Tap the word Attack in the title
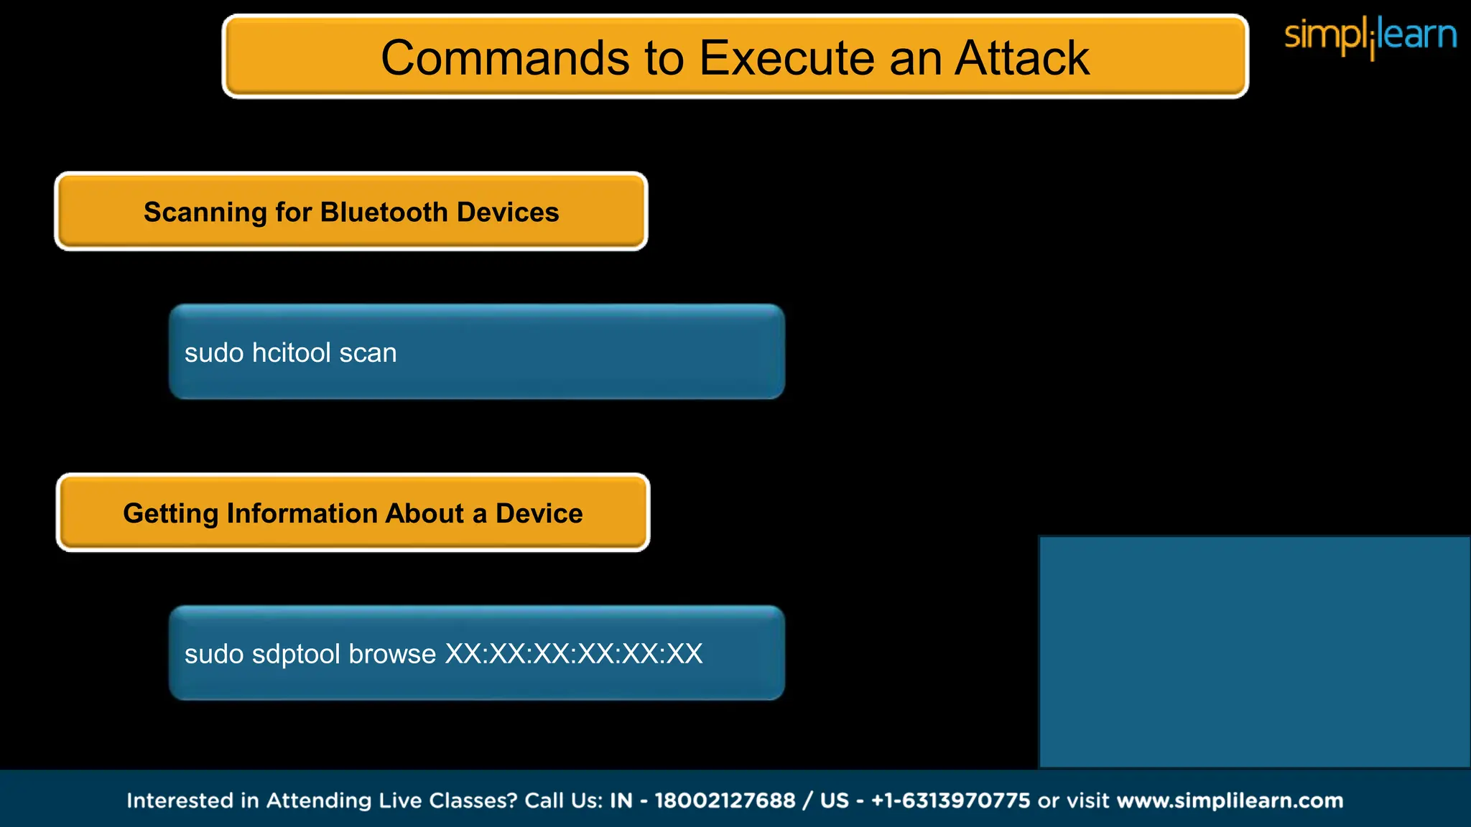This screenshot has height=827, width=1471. pyautogui.click(x=1021, y=58)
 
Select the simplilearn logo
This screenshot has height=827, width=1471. pyautogui.click(x=1370, y=36)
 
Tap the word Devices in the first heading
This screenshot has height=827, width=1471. pyautogui.click(x=507, y=212)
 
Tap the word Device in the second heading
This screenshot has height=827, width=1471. pyautogui.click(x=539, y=514)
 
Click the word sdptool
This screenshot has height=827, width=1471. pyautogui.click(x=296, y=654)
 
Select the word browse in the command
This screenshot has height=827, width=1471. pyautogui.click(x=392, y=654)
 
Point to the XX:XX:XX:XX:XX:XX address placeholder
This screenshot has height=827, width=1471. pyautogui.click(x=574, y=654)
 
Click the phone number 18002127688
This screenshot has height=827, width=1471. pyautogui.click(x=725, y=800)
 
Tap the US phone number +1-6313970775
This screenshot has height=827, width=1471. pyautogui.click(x=950, y=800)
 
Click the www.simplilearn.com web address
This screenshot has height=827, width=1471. pyautogui.click(x=1230, y=800)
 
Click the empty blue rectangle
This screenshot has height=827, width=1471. pyautogui.click(x=1254, y=652)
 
